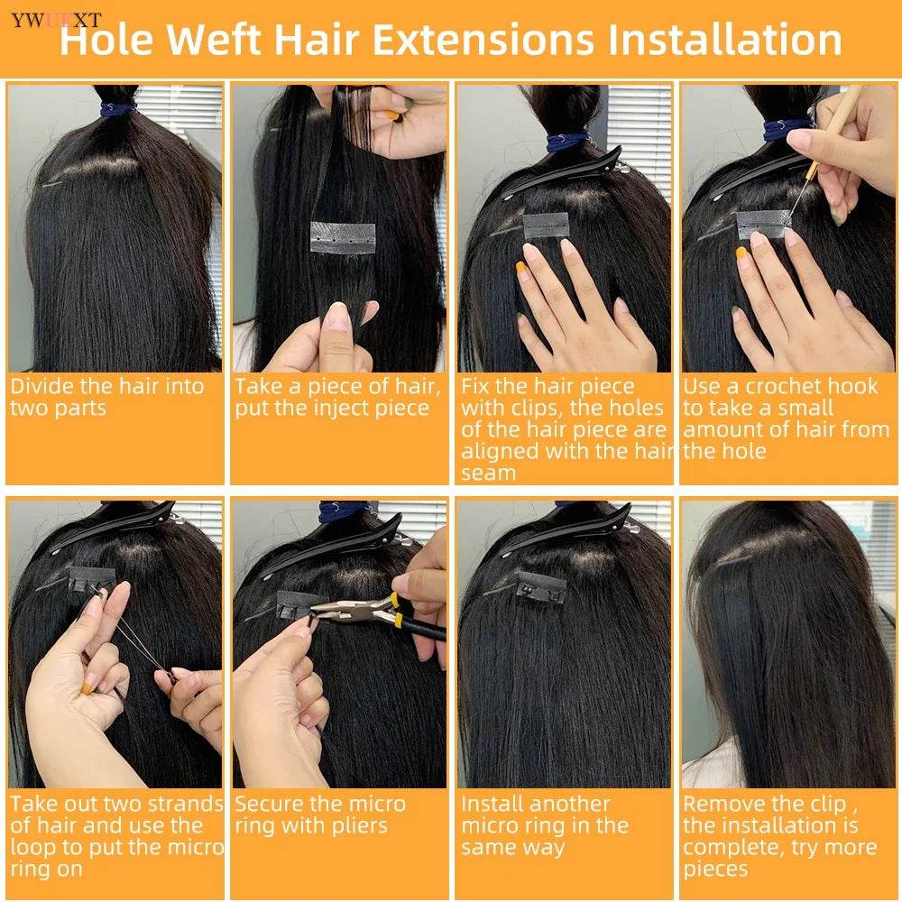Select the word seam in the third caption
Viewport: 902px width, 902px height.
488,474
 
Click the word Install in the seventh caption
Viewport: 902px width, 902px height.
493,804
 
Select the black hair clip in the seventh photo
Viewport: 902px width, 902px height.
568,532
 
